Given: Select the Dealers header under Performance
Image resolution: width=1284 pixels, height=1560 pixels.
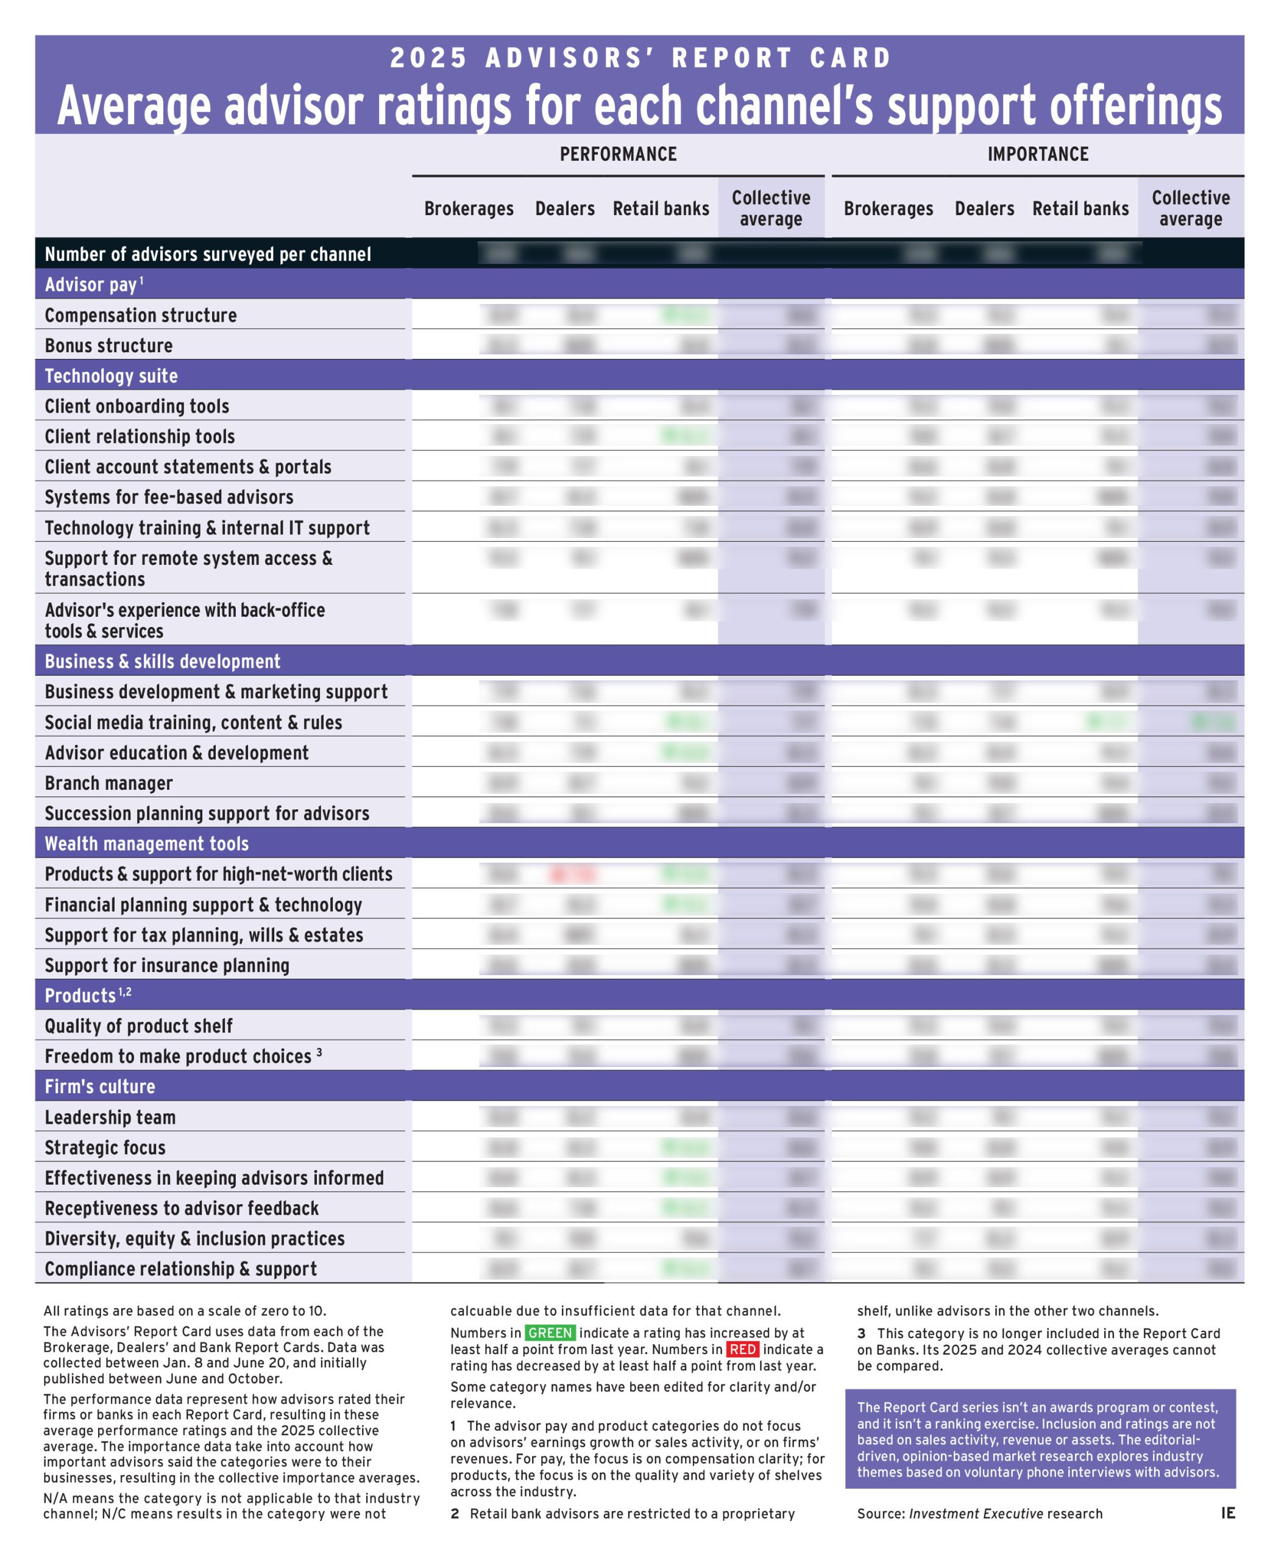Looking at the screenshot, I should pos(564,208).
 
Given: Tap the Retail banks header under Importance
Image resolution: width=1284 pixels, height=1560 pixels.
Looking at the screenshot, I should pos(1080,208).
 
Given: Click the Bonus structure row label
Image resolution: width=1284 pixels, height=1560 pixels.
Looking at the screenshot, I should pos(108,346).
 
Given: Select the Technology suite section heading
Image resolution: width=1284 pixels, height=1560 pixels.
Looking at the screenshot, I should pos(111,376).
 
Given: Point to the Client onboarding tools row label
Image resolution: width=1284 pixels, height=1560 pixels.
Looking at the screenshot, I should pos(137,406).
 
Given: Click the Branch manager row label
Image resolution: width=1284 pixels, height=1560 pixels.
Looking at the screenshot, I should pos(108,782).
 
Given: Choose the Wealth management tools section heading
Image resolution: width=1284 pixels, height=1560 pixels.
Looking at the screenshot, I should pos(146,843).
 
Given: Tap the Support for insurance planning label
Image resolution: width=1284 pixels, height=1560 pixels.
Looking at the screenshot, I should pos(166,965).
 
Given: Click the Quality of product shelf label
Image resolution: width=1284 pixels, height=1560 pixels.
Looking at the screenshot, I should pos(138,1026).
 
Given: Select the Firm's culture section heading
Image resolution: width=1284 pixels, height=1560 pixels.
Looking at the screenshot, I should pos(100,1087).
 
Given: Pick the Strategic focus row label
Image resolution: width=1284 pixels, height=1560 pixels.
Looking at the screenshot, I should pos(105,1147).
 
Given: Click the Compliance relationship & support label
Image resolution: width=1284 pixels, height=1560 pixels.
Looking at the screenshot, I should pos(180,1269).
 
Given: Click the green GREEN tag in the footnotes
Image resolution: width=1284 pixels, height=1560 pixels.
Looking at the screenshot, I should pos(550,1333).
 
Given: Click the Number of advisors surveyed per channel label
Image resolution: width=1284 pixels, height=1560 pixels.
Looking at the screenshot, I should pos(208,255).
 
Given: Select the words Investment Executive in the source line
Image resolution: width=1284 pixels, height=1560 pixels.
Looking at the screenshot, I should pos(976,1514).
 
